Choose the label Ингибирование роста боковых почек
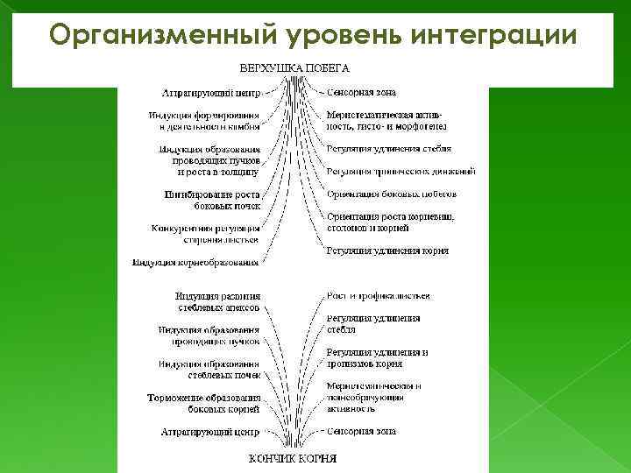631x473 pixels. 211,199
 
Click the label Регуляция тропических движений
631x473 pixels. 401,171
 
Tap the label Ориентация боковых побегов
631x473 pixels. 391,194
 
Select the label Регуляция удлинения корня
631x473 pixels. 386,251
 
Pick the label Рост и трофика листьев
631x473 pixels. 378,296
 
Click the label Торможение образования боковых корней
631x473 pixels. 203,403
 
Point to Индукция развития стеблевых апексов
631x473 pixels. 216,302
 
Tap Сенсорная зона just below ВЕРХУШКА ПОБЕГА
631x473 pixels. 361,91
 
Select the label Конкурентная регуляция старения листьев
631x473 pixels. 205,233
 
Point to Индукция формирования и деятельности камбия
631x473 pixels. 203,120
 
